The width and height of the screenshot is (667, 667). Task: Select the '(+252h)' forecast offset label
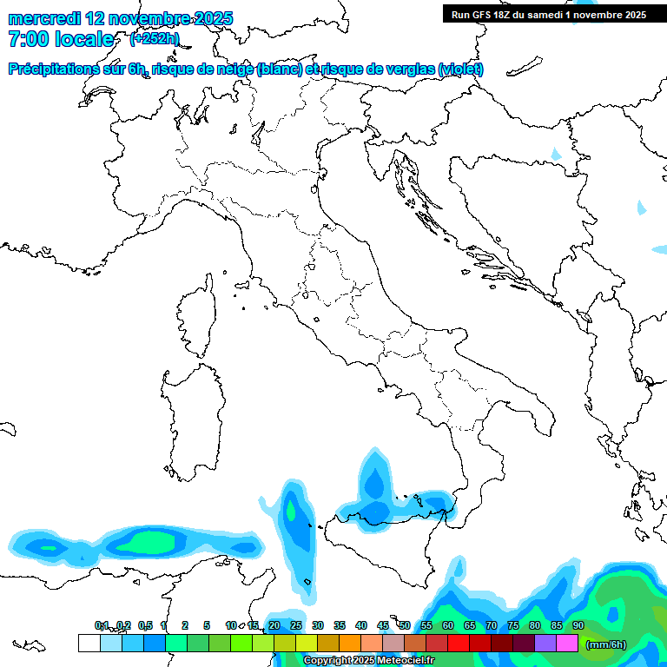point(154,39)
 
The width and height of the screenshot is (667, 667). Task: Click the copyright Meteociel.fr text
point(368,661)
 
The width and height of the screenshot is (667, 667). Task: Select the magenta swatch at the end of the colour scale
point(567,644)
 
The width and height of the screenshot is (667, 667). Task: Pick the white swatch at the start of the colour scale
point(89,644)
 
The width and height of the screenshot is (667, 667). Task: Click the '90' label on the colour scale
point(578,626)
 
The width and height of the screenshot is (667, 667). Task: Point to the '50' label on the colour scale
point(405,626)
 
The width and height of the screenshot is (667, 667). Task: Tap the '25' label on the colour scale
point(296,626)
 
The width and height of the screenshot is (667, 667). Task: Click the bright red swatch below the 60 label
point(459,644)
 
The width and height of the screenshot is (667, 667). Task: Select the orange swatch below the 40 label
point(350,644)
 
